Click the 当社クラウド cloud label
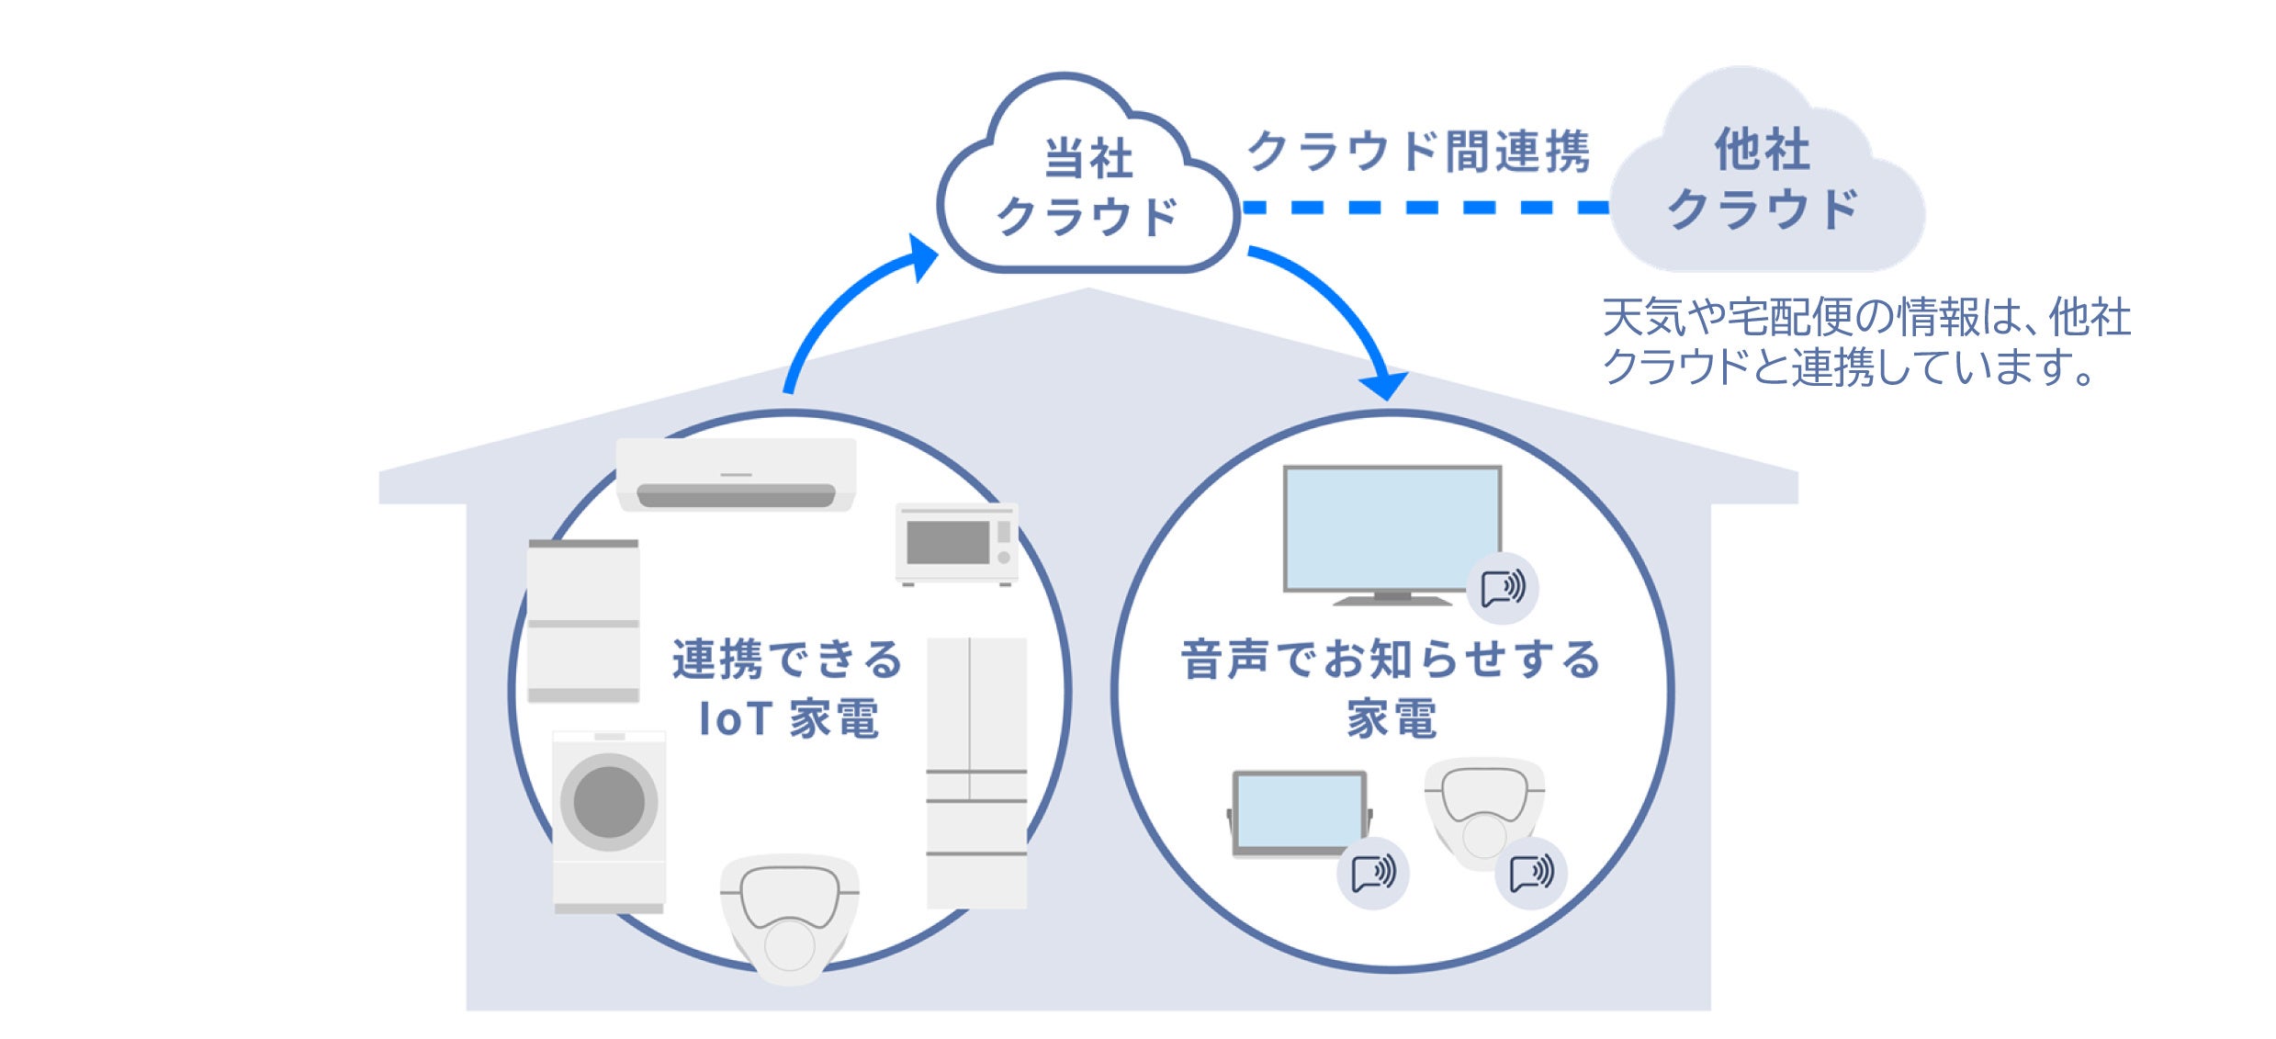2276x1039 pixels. [x=1087, y=188]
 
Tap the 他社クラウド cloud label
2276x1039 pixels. [x=1763, y=179]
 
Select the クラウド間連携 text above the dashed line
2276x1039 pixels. [x=1418, y=152]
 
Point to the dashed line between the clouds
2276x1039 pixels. [x=1425, y=208]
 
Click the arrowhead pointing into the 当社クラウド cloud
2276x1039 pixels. [x=921, y=256]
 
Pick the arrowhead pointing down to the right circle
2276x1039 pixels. [x=1383, y=385]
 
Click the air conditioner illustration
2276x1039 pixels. [x=736, y=474]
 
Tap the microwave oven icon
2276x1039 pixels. [x=957, y=543]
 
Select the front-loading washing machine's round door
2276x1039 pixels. [x=609, y=801]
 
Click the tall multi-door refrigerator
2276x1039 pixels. [x=976, y=773]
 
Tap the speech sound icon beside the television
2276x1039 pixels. [x=1503, y=587]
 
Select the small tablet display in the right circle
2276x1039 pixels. [x=1300, y=813]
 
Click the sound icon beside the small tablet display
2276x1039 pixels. [x=1373, y=873]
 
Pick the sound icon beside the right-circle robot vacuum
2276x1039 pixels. [x=1531, y=873]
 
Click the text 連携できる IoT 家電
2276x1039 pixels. [x=788, y=689]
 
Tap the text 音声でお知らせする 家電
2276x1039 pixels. [x=1391, y=689]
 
